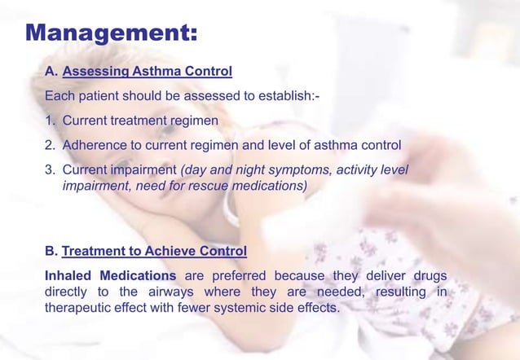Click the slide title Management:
click(x=111, y=33)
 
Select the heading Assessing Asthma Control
click(x=147, y=71)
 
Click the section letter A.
click(x=51, y=71)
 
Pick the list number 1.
click(x=50, y=121)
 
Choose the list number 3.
click(x=50, y=170)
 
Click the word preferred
click(x=240, y=275)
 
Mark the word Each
click(x=59, y=97)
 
